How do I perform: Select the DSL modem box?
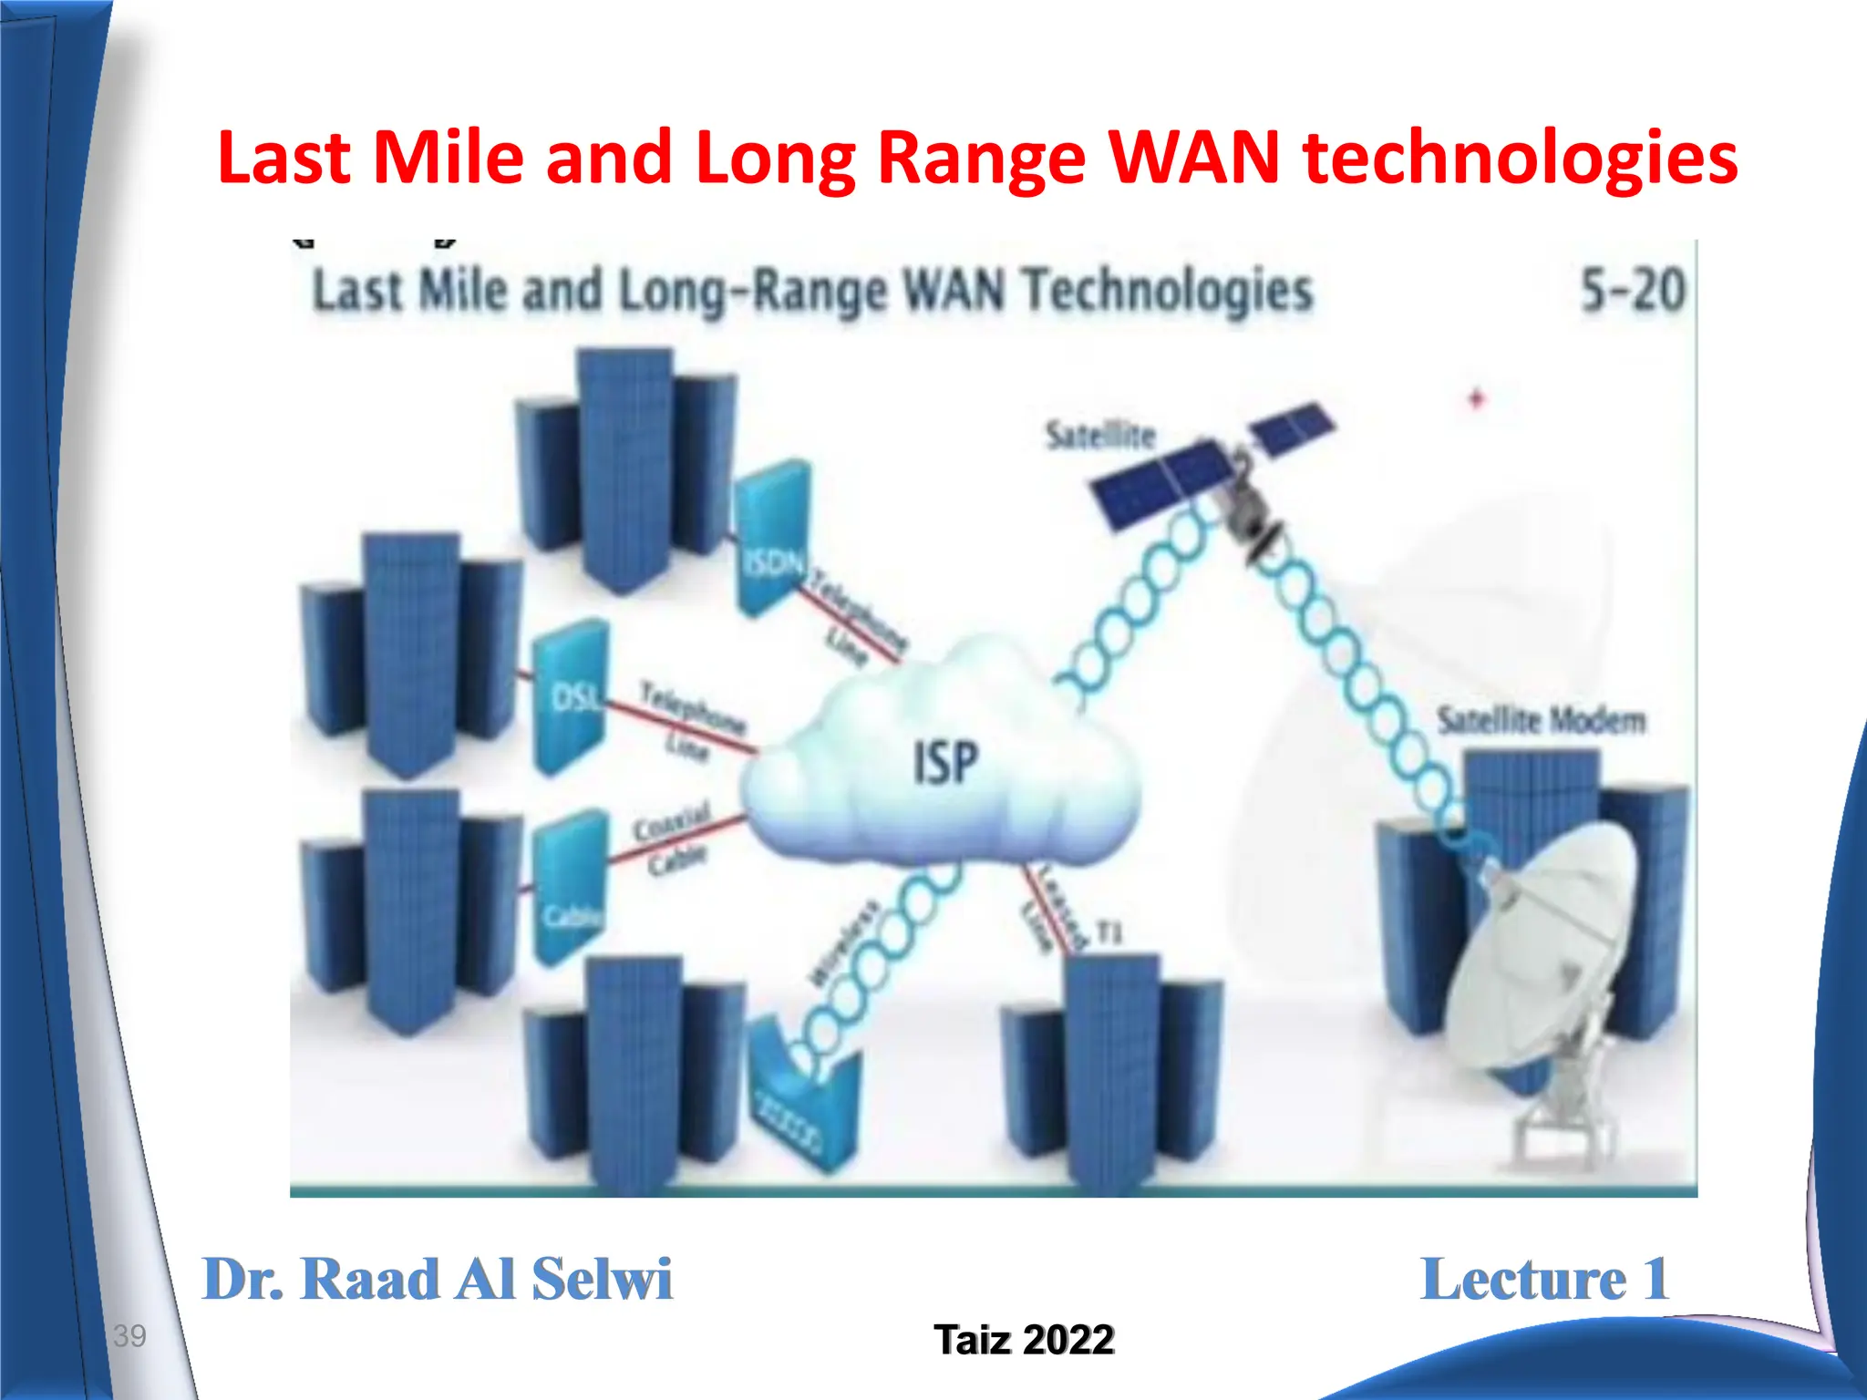tap(570, 698)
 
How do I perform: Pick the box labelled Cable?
tap(569, 889)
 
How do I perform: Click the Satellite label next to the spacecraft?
tap(1100, 436)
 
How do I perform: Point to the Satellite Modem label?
tap(1542, 720)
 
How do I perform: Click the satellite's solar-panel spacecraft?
tap(1212, 474)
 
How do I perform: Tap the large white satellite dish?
tap(1541, 948)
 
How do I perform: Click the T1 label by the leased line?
tap(1108, 932)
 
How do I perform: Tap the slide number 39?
tap(129, 1336)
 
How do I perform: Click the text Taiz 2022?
tap(1024, 1340)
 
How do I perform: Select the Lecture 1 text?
tap(1544, 1279)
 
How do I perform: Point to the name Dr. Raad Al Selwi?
tap(438, 1279)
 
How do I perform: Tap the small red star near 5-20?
tap(1477, 398)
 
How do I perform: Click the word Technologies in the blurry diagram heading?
tap(1167, 292)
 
